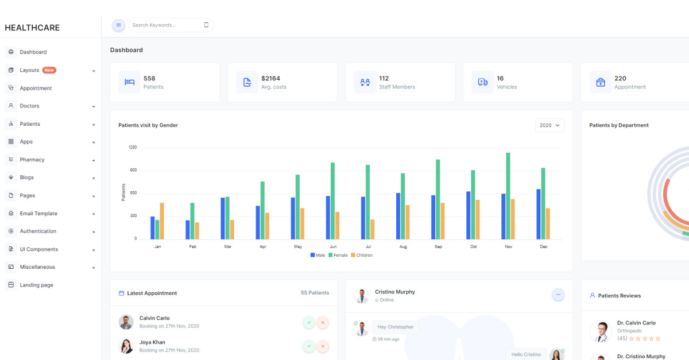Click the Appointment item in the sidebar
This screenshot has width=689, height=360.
[x=36, y=88]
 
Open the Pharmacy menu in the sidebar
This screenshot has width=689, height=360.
[x=32, y=160]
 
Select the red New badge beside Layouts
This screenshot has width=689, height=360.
[x=49, y=70]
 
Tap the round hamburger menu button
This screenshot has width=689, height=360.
[x=118, y=25]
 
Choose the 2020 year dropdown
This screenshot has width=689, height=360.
[x=549, y=125]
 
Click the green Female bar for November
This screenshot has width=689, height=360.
[x=508, y=195]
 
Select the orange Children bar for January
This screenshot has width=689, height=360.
[x=162, y=220]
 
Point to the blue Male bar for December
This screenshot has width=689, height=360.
[x=539, y=214]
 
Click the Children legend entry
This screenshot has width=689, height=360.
[x=362, y=255]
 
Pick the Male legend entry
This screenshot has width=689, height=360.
[x=318, y=255]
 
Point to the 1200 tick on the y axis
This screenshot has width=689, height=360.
[x=133, y=148]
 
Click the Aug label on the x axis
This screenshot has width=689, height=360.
[x=403, y=246]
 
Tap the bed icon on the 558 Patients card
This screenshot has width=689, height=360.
[x=129, y=82]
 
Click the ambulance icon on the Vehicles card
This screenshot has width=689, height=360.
[x=483, y=82]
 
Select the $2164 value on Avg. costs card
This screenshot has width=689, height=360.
[x=270, y=78]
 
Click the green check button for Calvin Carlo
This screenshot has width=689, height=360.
[x=309, y=323]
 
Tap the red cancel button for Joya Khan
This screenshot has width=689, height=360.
[x=323, y=346]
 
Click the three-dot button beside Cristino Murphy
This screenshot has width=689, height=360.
[x=558, y=295]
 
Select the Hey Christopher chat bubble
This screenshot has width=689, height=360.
[x=396, y=327]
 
